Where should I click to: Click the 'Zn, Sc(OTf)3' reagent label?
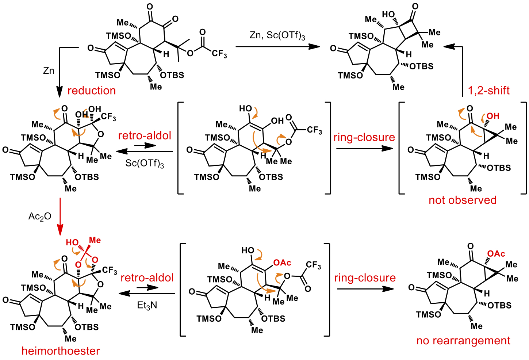(277, 35)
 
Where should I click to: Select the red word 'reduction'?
(92, 91)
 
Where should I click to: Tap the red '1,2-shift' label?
(488, 91)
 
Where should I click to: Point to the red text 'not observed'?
(463, 200)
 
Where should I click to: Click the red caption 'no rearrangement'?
(463, 341)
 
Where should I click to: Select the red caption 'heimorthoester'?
(61, 351)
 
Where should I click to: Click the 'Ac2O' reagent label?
(40, 217)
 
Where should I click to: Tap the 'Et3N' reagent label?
(147, 305)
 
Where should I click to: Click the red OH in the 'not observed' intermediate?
(492, 116)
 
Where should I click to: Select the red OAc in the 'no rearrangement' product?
(496, 254)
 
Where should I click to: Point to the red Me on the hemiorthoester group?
(95, 240)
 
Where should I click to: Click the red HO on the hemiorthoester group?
(72, 243)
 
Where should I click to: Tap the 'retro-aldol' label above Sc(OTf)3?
(145, 136)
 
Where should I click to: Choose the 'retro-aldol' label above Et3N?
(147, 278)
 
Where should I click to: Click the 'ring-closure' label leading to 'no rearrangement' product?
(365, 278)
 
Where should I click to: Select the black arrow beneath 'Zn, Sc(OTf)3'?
(277, 46)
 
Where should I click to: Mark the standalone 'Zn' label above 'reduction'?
(49, 70)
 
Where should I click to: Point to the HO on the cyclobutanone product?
(388, 15)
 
